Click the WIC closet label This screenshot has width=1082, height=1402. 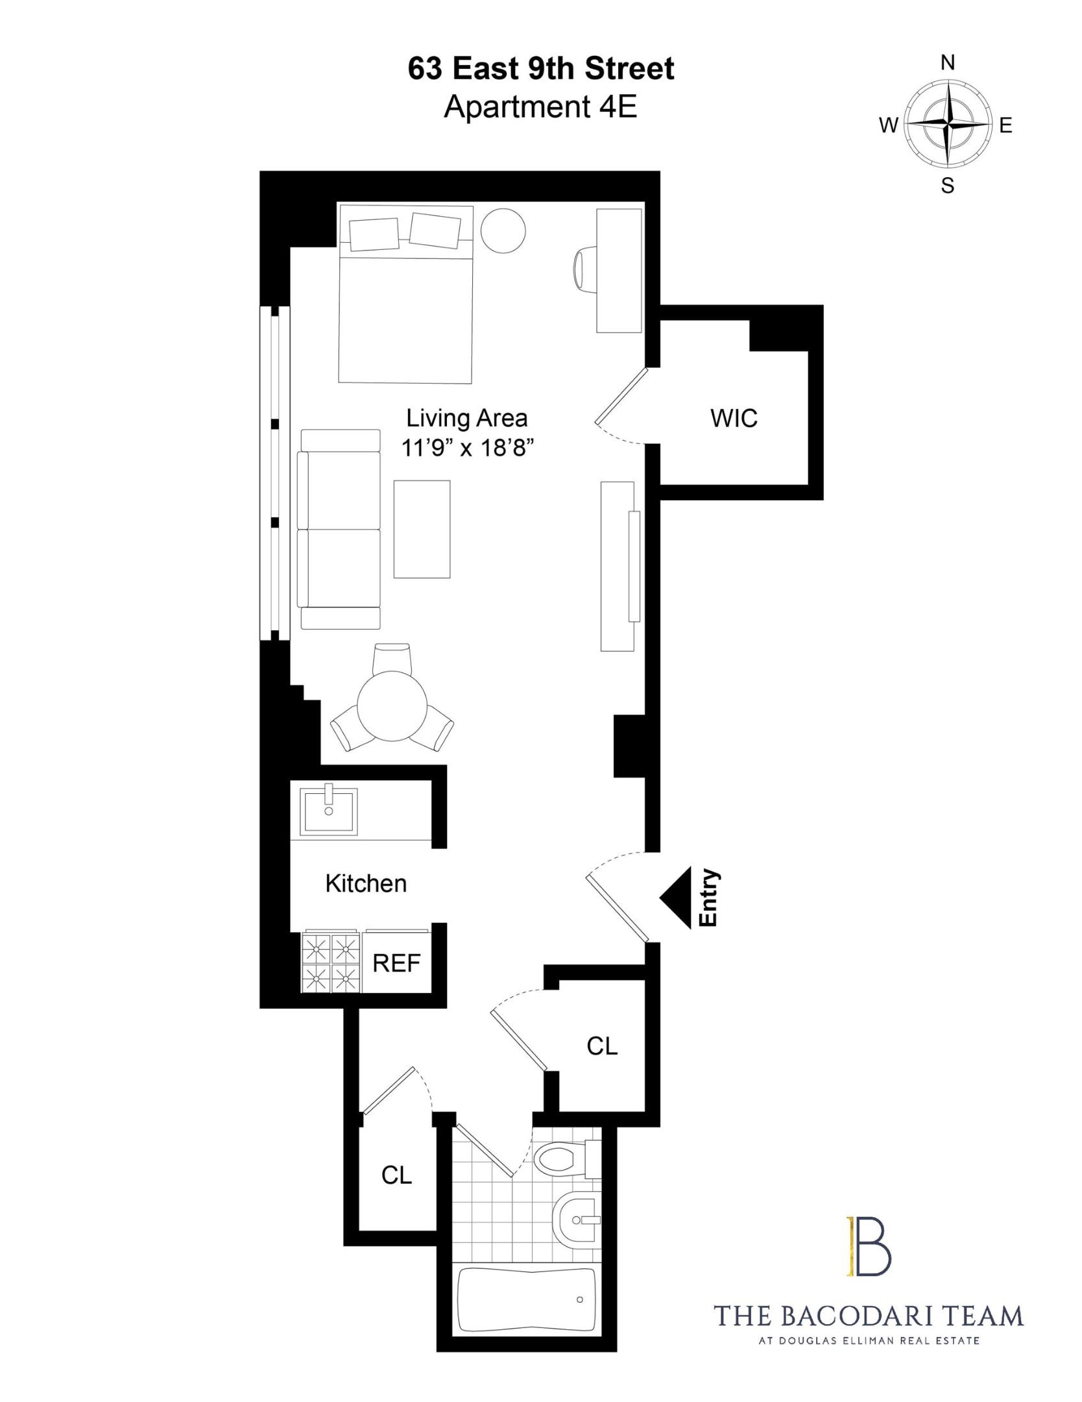pyautogui.click(x=734, y=418)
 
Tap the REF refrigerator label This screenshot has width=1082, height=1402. pyautogui.click(x=396, y=963)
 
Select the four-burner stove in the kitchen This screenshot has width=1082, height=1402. pyautogui.click(x=331, y=964)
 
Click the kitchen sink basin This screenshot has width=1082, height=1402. pyautogui.click(x=329, y=811)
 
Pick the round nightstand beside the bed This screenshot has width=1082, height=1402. pyautogui.click(x=503, y=231)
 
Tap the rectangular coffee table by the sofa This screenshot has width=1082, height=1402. pyautogui.click(x=422, y=529)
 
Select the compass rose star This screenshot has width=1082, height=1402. pyautogui.click(x=948, y=123)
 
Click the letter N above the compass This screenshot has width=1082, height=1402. pyautogui.click(x=948, y=62)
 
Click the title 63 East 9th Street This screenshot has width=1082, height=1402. pyautogui.click(x=541, y=69)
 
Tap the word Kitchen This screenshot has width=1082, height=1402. pyautogui.click(x=366, y=883)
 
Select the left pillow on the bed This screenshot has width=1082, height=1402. pyautogui.click(x=374, y=234)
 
